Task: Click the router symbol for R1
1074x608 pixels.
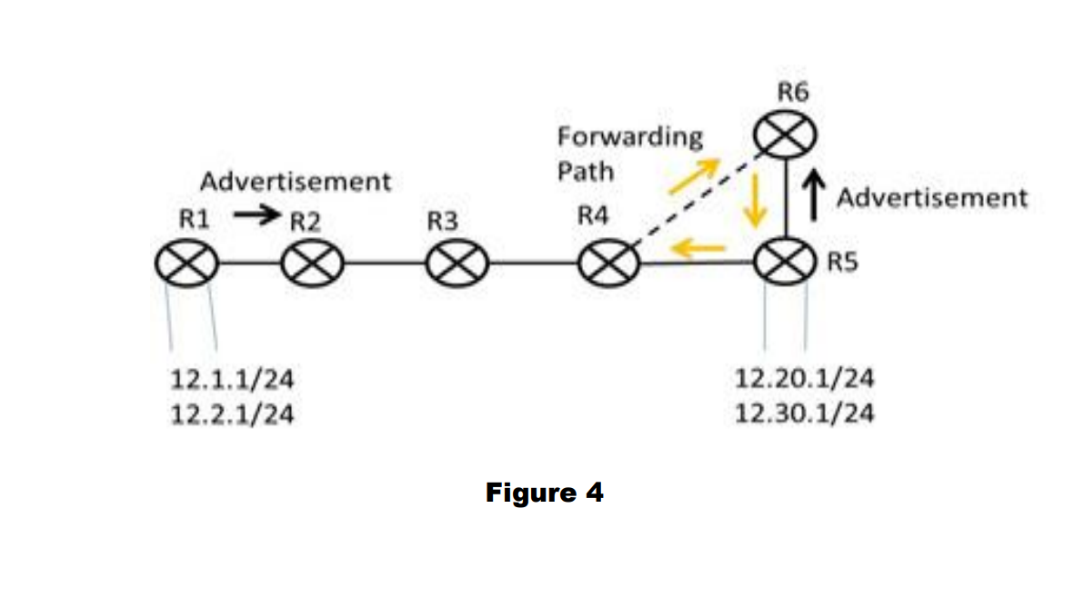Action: pyautogui.click(x=186, y=265)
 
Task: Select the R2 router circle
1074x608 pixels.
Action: pyautogui.click(x=313, y=265)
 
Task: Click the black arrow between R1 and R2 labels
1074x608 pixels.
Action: pyautogui.click(x=255, y=216)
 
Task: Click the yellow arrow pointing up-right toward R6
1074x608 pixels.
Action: pyautogui.click(x=693, y=175)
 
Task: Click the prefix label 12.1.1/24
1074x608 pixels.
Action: pyautogui.click(x=232, y=378)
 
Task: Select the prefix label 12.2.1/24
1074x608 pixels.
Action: pyautogui.click(x=232, y=414)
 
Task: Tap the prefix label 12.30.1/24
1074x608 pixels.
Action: pyautogui.click(x=805, y=414)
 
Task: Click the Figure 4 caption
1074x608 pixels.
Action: pyautogui.click(x=544, y=493)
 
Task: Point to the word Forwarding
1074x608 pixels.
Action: pyautogui.click(x=630, y=137)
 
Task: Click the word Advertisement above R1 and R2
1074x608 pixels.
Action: pyautogui.click(x=296, y=182)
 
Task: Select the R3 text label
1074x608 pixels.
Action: pyautogui.click(x=442, y=221)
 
